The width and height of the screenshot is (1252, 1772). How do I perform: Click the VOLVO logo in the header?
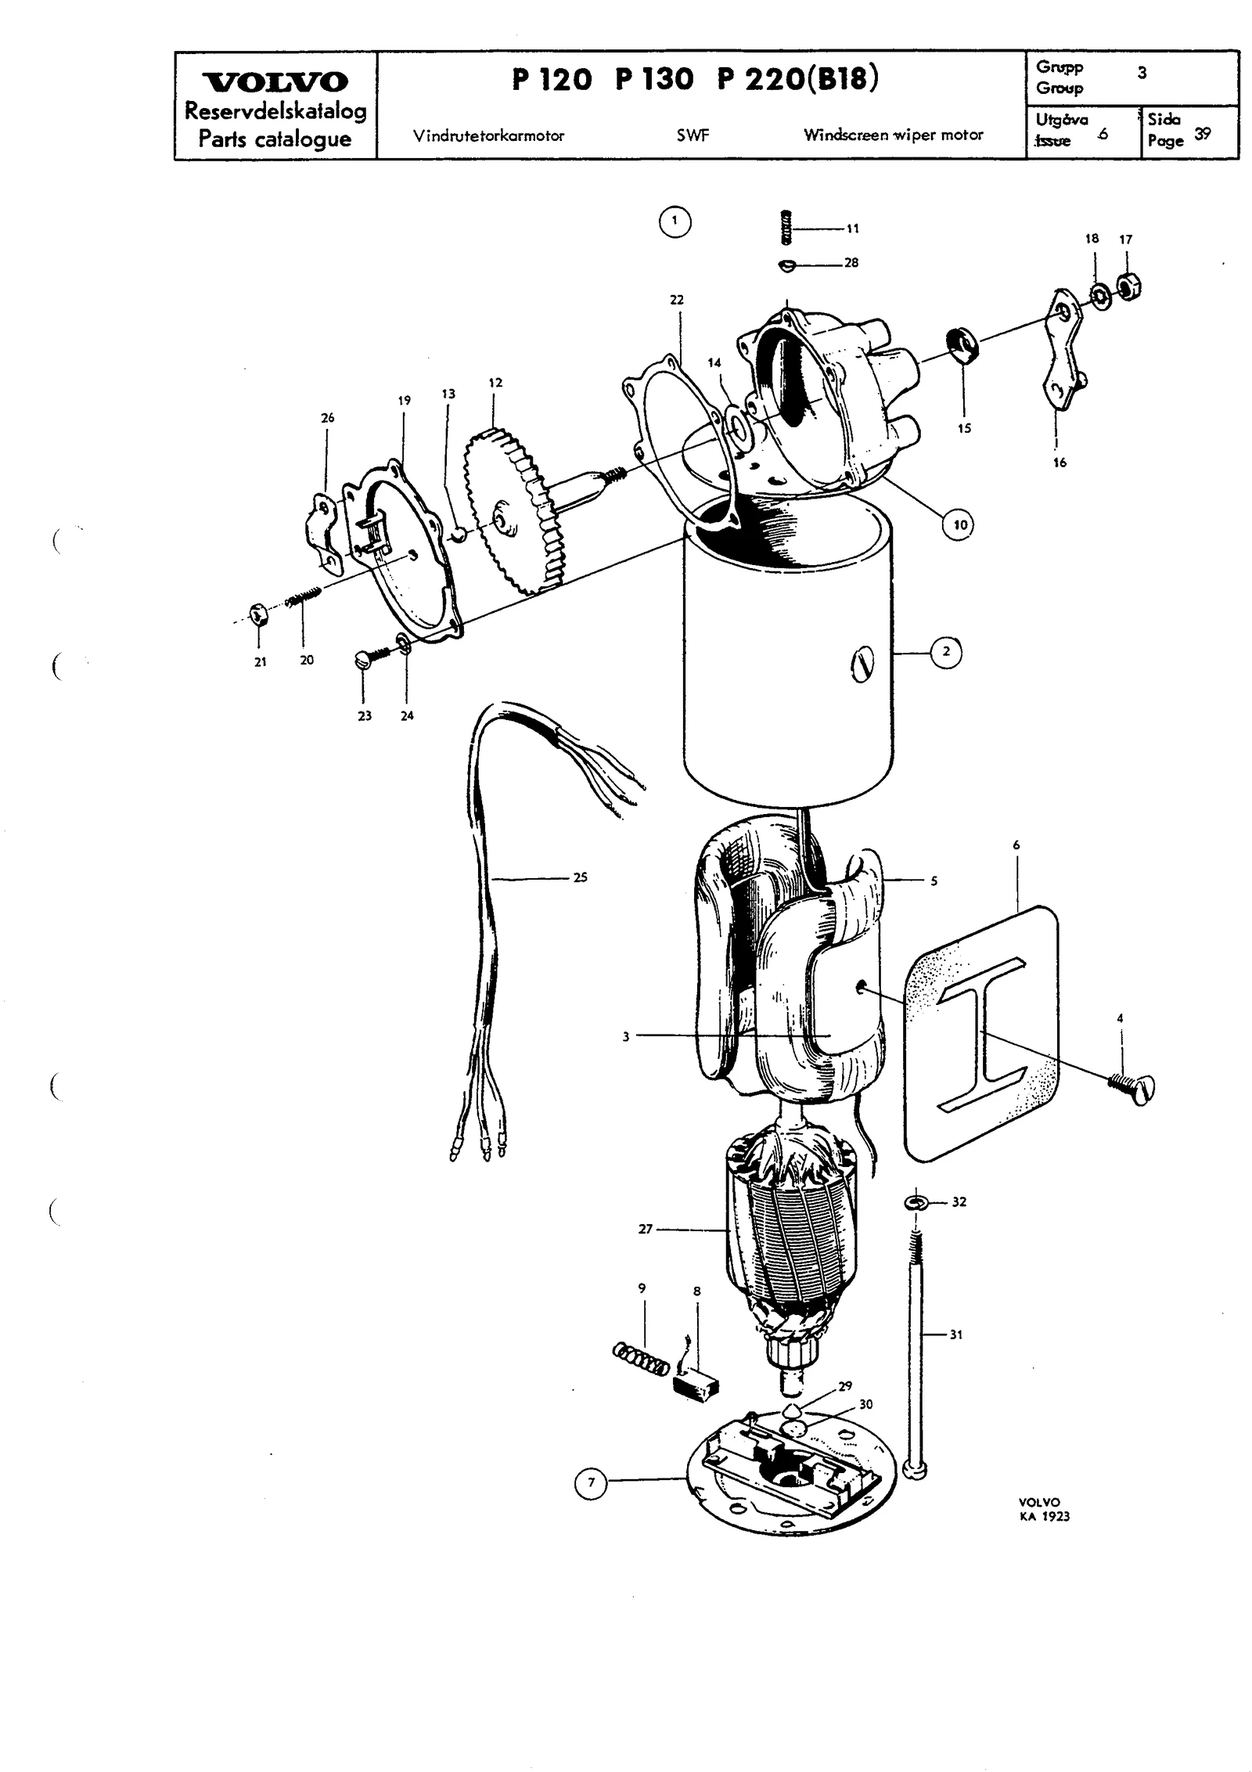point(275,82)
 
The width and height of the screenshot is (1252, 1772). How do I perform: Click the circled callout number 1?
point(675,222)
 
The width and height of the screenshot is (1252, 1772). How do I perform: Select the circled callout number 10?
point(960,524)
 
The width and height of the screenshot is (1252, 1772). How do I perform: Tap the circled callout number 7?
point(592,1482)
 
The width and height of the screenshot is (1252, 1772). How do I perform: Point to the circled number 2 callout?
point(946,651)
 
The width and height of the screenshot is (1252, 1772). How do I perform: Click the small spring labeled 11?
point(788,227)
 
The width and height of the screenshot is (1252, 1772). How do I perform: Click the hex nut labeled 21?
point(257,614)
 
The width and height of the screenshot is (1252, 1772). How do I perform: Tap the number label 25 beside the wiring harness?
point(580,877)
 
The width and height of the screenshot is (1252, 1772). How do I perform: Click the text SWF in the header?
point(693,135)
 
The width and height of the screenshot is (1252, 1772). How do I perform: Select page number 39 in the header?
point(1203,134)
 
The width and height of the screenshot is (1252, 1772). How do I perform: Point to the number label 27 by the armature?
point(645,1230)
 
